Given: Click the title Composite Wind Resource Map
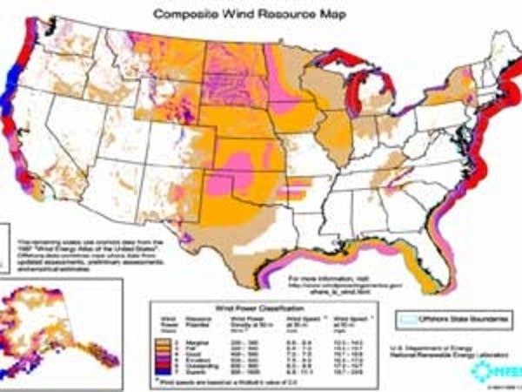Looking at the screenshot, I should click(x=261, y=15).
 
